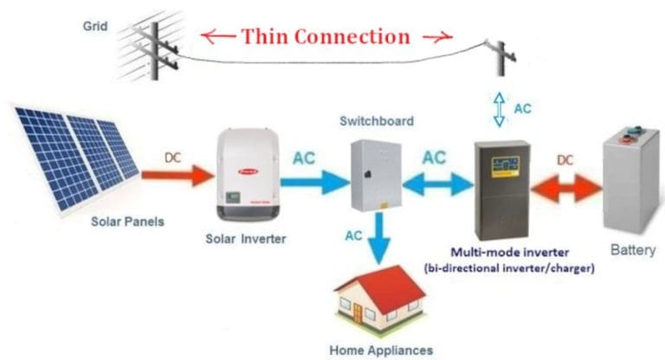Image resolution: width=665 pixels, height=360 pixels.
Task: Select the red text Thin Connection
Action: (x=326, y=36)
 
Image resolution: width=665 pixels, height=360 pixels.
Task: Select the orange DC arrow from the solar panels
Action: (x=177, y=177)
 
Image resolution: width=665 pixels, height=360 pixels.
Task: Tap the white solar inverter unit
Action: (x=247, y=174)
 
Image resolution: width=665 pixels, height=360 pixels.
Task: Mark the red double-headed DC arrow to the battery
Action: (x=566, y=185)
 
